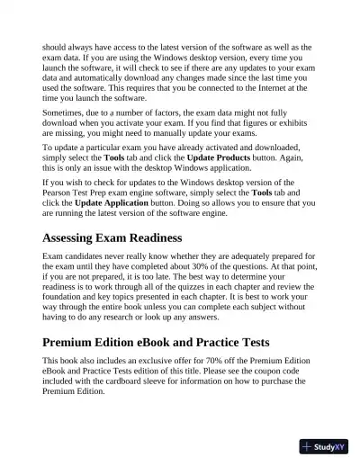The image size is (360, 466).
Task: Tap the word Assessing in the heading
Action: click(x=78, y=238)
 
